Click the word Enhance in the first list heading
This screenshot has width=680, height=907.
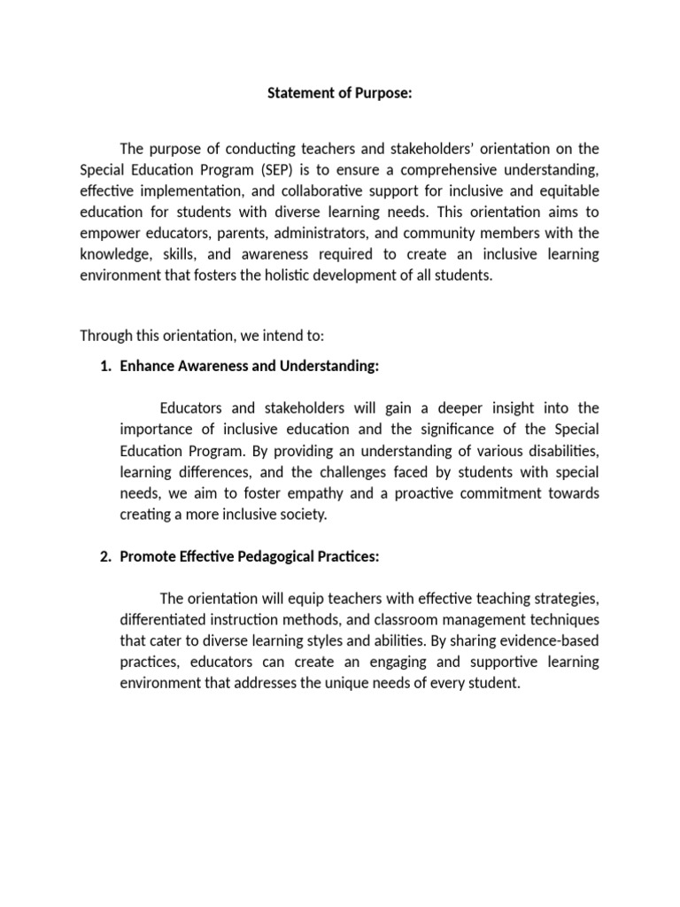(x=146, y=366)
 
